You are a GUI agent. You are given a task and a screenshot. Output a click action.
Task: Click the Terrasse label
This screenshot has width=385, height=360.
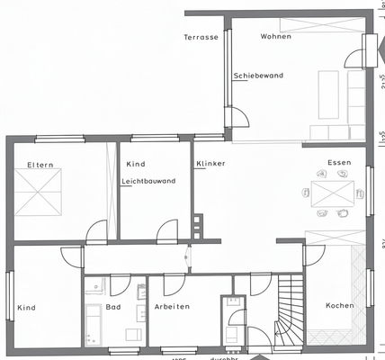201,37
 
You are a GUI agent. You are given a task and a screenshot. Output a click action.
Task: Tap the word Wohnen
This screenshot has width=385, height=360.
275,36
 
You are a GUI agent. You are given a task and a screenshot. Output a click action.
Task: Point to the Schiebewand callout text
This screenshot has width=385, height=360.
259,76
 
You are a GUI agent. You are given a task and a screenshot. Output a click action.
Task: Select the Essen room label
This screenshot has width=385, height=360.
338,163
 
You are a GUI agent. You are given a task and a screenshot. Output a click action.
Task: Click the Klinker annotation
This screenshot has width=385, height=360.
210,163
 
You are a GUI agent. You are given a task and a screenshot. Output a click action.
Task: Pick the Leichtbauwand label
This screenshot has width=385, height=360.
148,181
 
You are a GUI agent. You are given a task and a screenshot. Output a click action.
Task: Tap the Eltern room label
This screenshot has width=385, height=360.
40,164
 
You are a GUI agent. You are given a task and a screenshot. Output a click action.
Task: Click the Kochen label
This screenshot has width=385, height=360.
340,305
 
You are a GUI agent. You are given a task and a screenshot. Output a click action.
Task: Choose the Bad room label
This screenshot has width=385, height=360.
113,307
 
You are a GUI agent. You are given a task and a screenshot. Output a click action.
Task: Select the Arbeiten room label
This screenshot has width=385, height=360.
171,307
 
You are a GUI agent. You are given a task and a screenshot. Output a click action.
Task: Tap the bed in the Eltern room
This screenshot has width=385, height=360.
41,192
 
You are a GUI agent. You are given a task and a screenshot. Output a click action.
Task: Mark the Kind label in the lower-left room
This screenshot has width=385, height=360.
26,308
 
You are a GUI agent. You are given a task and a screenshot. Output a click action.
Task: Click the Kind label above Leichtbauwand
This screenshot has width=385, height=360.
135,164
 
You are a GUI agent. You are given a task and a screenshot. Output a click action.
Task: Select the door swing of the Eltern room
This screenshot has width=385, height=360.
96,232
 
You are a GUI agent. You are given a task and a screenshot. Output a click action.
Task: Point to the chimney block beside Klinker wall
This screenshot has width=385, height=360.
197,226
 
